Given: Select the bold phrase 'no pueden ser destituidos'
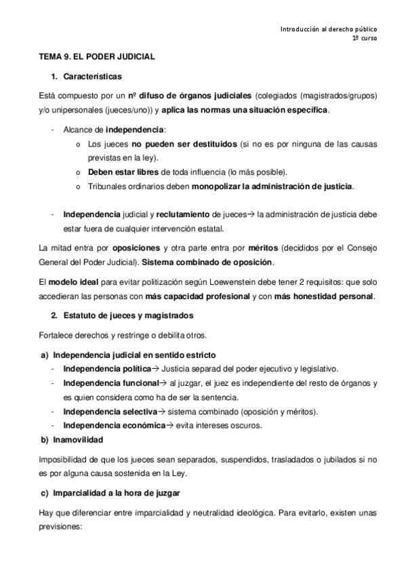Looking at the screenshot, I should pyautogui.click(x=184, y=145).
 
